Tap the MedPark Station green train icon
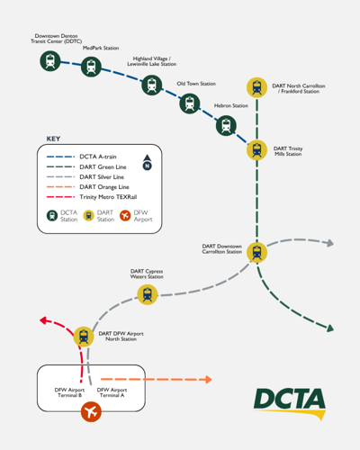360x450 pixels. [x=91, y=66]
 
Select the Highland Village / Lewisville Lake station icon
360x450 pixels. [x=152, y=85]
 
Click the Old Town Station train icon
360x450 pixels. [x=189, y=103]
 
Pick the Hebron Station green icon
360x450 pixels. [x=226, y=125]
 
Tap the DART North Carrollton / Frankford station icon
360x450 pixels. [x=257, y=87]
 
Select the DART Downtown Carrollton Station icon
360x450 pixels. [x=257, y=252]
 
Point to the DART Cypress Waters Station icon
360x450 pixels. [x=147, y=294]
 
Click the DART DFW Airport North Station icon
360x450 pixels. [x=84, y=337]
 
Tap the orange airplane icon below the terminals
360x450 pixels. [x=91, y=412]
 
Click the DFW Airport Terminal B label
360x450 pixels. [x=68, y=392]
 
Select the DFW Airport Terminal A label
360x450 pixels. [x=112, y=392]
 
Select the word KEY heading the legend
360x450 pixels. [x=53, y=139]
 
